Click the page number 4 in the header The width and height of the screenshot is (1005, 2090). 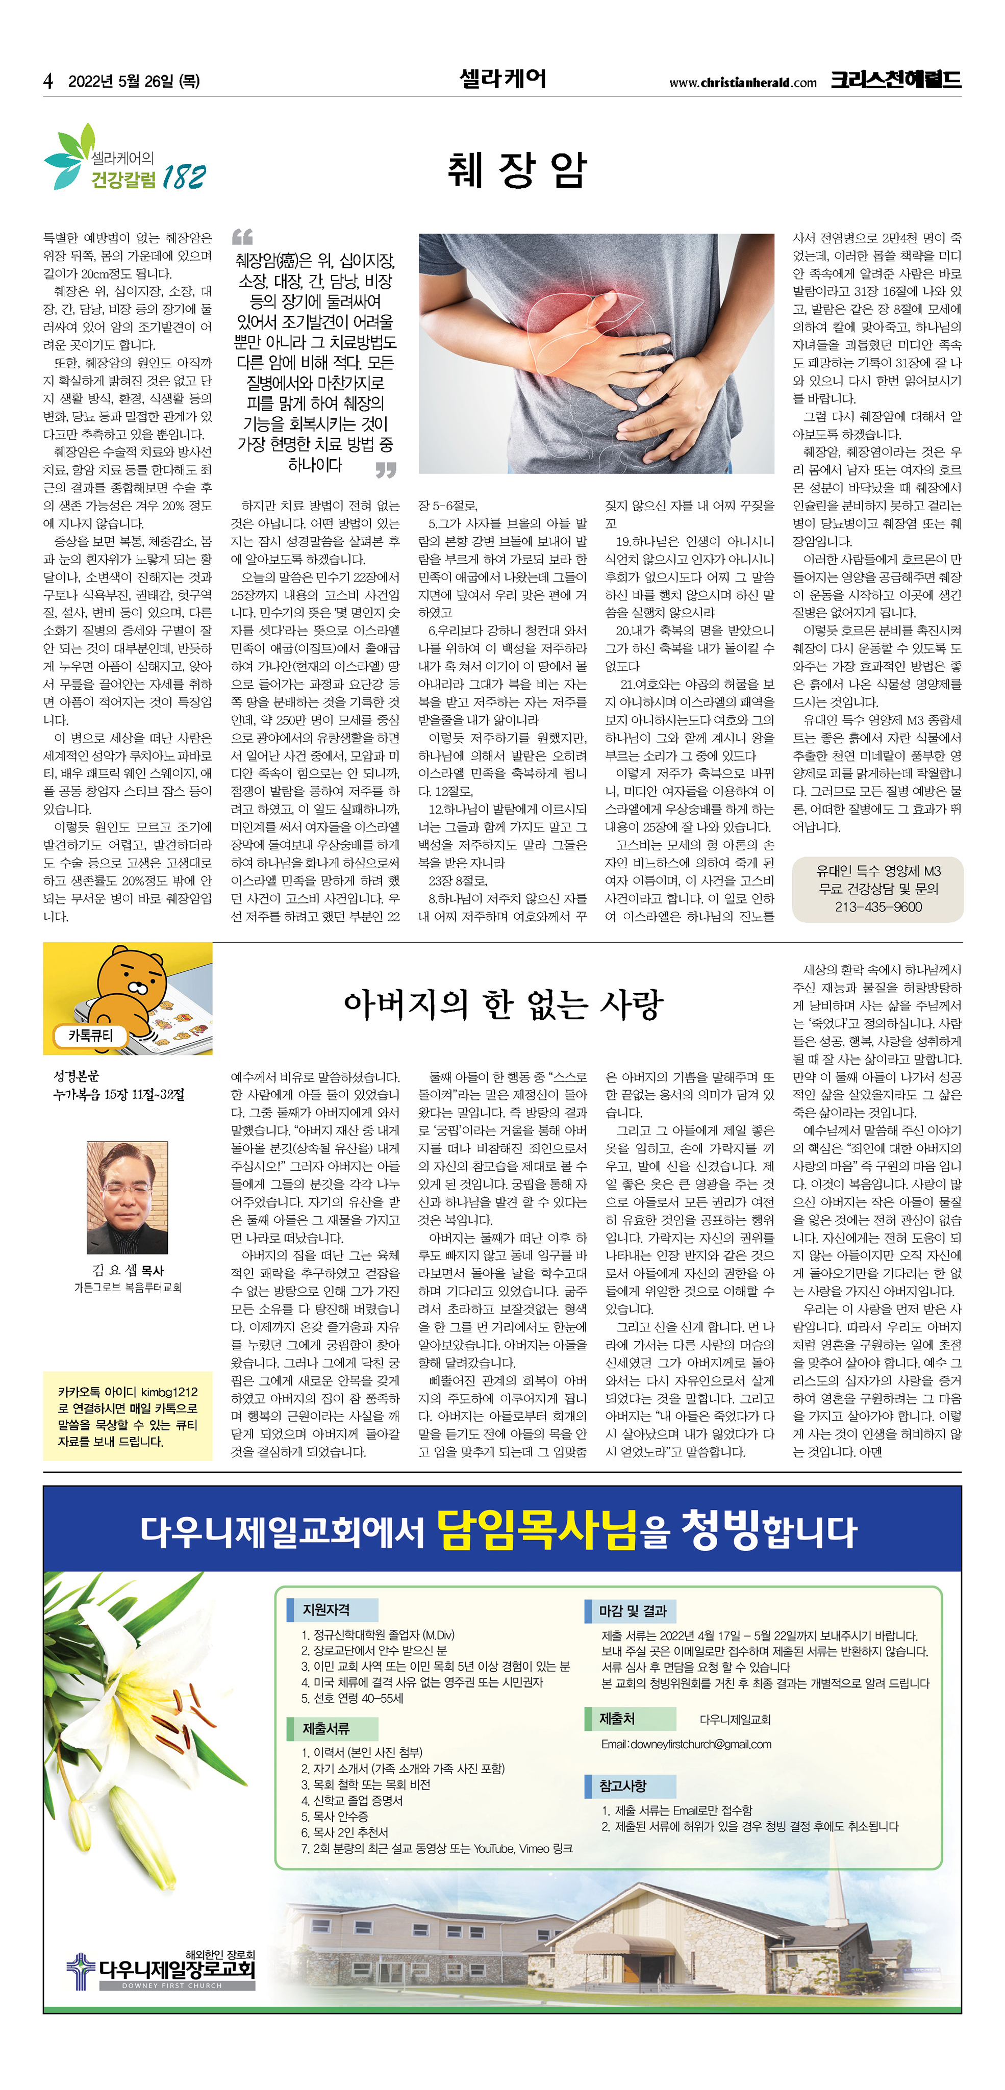(48, 81)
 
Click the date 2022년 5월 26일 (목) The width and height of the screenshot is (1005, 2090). (134, 81)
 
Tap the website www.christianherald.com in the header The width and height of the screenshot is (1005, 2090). (742, 83)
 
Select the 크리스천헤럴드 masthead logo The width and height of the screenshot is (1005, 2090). (895, 80)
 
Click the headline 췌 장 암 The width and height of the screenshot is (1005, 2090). (517, 170)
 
